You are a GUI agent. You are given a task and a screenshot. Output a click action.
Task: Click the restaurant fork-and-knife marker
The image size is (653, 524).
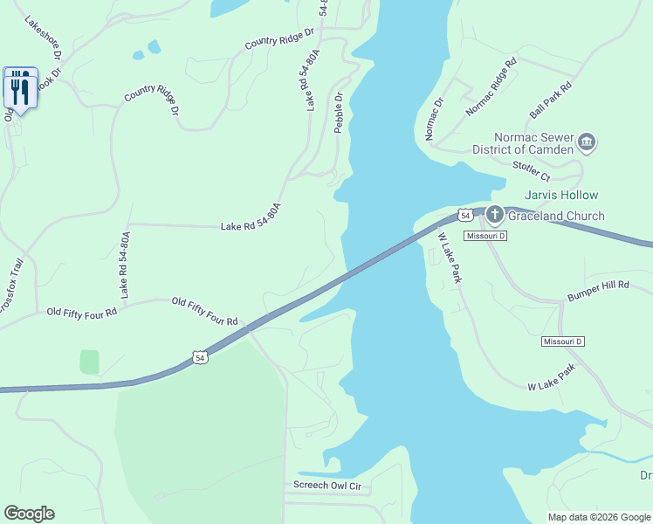click(20, 88)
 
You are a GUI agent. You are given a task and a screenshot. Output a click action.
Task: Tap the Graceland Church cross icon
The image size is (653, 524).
click(494, 215)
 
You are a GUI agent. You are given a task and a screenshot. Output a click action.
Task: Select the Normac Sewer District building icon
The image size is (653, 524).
click(587, 141)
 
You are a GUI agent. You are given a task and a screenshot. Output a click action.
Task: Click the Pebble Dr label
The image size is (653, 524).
click(340, 113)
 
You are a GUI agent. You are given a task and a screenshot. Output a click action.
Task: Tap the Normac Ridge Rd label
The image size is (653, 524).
click(491, 86)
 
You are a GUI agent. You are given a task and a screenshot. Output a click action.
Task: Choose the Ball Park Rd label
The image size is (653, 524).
click(550, 100)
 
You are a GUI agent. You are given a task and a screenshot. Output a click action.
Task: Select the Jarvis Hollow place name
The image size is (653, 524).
click(560, 195)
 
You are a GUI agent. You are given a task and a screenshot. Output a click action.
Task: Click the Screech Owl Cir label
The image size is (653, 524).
click(327, 486)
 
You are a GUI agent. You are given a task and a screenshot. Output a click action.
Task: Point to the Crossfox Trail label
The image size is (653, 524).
click(10, 288)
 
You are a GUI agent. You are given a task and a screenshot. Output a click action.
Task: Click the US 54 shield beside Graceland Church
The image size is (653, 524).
click(466, 215)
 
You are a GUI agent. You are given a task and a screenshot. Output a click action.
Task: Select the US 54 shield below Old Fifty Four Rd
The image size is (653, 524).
click(201, 358)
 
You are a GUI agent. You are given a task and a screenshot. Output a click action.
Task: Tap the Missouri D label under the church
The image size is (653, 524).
click(485, 237)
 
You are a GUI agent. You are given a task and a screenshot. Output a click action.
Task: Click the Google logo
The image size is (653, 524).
click(29, 514)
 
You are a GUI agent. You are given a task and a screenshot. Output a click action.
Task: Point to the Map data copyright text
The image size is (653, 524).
click(598, 517)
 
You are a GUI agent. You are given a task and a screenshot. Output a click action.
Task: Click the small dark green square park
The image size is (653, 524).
click(89, 362)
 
